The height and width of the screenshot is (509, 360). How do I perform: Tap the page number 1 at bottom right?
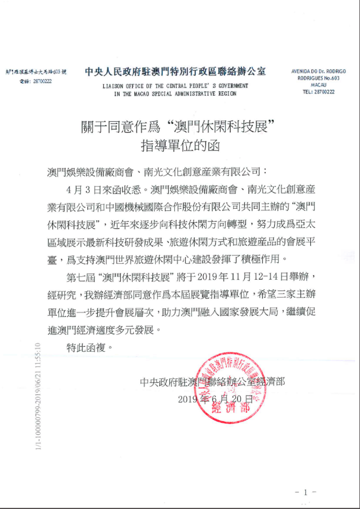pyautogui.click(x=305, y=493)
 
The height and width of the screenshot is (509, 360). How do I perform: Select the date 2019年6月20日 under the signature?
pyautogui.click(x=217, y=398)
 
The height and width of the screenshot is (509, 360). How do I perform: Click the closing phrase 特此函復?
pyautogui.click(x=89, y=348)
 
